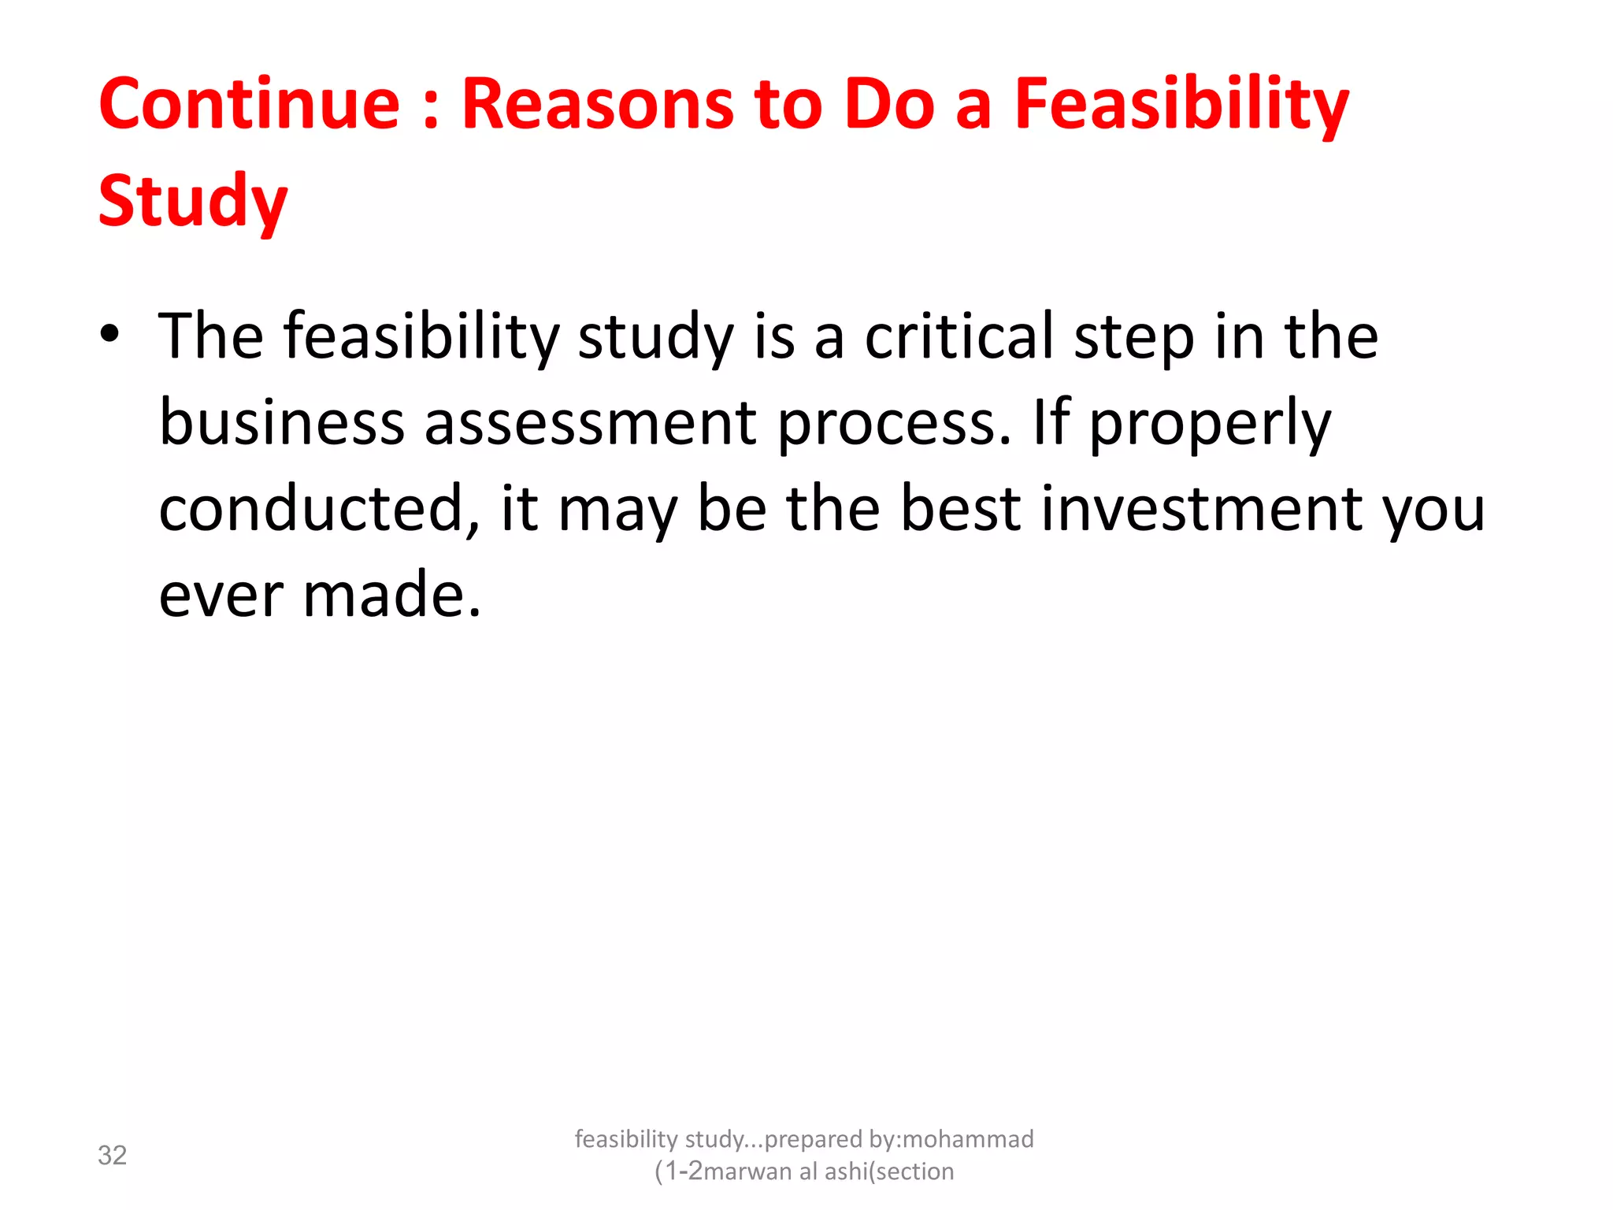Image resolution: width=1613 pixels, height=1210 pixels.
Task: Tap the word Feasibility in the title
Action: tap(1181, 106)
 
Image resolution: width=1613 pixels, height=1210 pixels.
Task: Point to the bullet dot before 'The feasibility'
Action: tap(110, 334)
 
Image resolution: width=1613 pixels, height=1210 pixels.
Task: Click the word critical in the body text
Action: tap(959, 336)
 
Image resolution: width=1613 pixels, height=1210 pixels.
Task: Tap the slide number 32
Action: tap(112, 1155)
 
